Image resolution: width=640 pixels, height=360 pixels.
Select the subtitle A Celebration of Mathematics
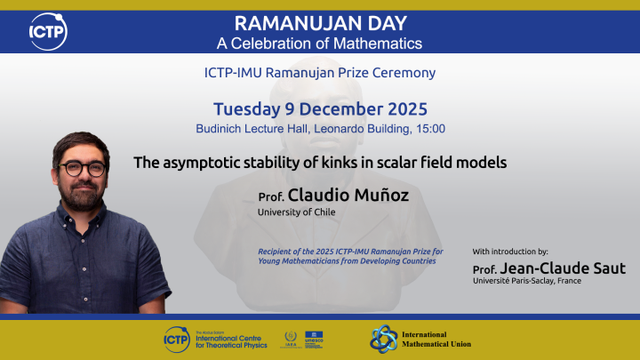click(320, 43)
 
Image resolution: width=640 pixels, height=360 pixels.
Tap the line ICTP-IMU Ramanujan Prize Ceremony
click(320, 73)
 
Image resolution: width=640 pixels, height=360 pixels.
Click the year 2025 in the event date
click(399, 110)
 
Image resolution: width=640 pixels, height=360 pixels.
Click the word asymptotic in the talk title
click(196, 163)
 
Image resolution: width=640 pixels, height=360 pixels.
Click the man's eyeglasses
click(83, 167)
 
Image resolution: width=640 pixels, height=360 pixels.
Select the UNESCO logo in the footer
click(314, 338)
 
